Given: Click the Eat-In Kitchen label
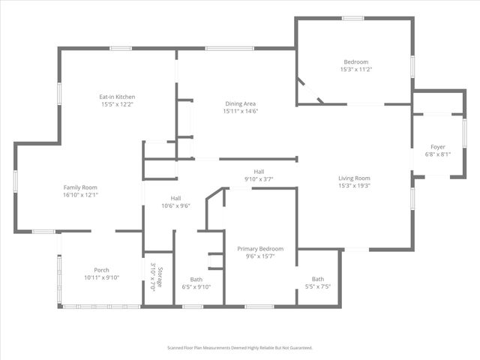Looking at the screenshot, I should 117,97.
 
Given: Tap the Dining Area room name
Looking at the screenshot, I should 241,103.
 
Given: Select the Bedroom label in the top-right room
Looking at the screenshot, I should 356,61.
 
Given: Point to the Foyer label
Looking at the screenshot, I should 438,146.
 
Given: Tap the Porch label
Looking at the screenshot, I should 101,270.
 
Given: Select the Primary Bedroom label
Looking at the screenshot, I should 260,248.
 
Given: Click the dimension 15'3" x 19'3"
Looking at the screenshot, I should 355,185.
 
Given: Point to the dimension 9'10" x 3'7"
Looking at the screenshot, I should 259,178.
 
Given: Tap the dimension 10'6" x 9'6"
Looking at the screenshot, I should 175,205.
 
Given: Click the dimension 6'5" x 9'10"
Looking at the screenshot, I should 196,286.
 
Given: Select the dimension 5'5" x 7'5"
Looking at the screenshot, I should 319,286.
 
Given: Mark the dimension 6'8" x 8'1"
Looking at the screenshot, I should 438,154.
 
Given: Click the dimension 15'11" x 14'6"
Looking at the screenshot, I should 241,111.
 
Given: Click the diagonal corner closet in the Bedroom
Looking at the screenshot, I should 307,91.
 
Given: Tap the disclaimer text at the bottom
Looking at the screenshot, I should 240,348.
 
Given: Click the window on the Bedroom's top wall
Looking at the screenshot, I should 353,18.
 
